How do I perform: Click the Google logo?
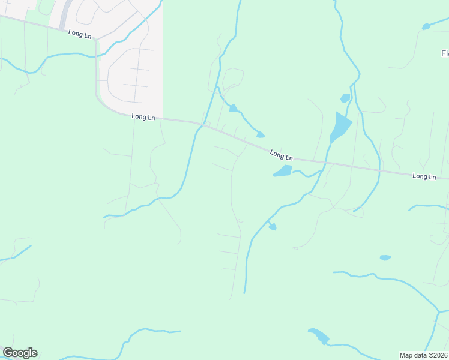tap(20, 353)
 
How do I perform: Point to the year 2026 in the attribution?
tap(439, 355)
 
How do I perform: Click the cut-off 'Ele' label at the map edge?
tap(444, 53)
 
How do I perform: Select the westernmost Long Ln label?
tap(80, 35)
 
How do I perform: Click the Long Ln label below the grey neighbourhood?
tap(143, 117)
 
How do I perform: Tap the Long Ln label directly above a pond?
tap(281, 155)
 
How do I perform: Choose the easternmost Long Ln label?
tap(424, 176)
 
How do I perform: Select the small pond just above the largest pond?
tap(345, 98)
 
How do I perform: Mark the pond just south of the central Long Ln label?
tap(282, 171)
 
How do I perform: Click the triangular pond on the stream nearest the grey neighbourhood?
tap(233, 108)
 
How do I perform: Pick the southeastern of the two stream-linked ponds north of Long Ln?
tap(260, 134)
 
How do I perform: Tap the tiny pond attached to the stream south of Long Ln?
tap(272, 226)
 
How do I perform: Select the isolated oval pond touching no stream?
tap(385, 257)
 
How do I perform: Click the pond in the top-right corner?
tap(426, 26)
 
